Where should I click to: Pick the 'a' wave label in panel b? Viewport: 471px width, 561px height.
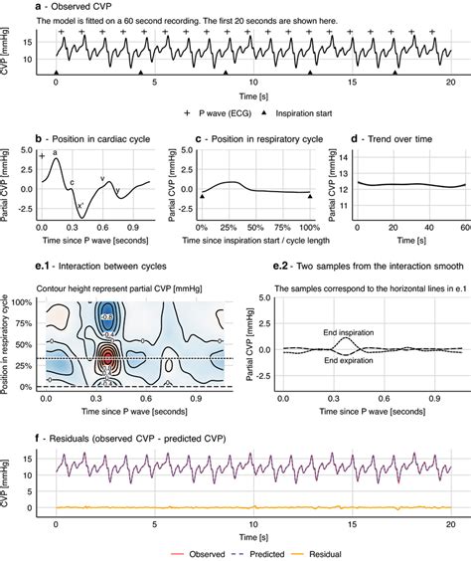tap(55, 151)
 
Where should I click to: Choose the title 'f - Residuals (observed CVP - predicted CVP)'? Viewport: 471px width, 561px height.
tap(129, 435)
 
